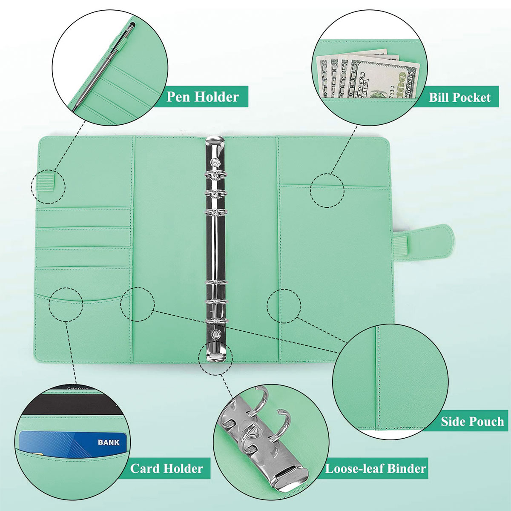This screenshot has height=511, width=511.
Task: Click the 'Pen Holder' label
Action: point(203,97)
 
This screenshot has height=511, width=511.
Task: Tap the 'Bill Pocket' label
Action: point(459,98)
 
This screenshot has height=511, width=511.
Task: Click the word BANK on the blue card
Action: point(109,442)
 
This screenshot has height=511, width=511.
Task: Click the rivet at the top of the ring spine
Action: point(215,162)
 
